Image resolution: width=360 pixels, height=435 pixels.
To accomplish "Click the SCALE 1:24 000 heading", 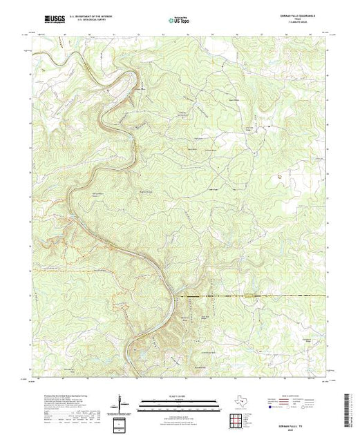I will [x=178, y=398].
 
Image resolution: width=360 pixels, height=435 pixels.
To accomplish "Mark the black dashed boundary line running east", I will [x=242, y=296].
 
